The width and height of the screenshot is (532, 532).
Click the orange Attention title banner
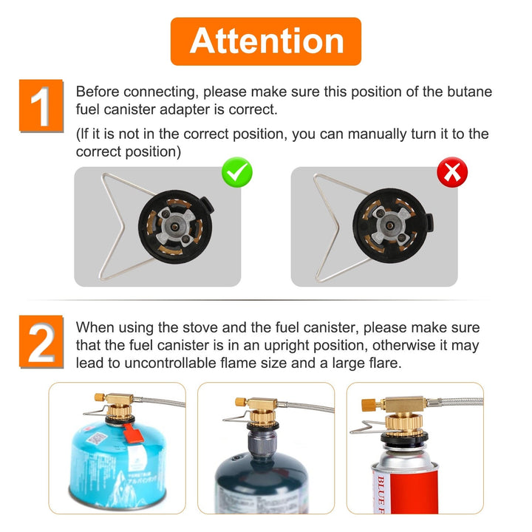point(266,41)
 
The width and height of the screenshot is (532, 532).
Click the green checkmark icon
point(237,172)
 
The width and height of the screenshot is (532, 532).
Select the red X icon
point(452,172)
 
